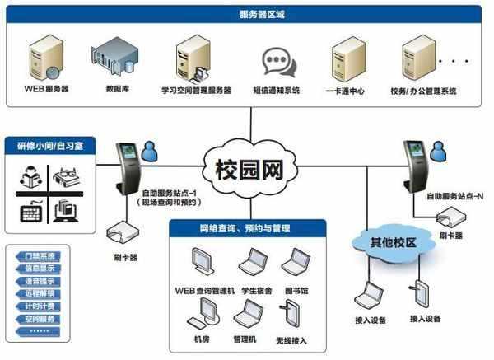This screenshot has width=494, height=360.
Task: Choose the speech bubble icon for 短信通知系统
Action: [x=275, y=61]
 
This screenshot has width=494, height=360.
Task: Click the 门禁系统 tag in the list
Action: [x=40, y=256]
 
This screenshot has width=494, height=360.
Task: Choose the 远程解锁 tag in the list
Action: [x=40, y=292]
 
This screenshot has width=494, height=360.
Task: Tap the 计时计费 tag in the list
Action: [x=40, y=306]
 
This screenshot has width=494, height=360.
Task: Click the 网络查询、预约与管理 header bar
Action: [x=246, y=228]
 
